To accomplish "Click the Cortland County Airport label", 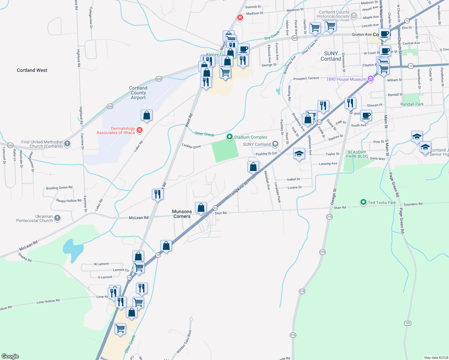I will click(x=138, y=93).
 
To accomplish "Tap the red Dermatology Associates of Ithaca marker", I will click(x=139, y=130).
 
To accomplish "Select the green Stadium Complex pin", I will click(x=230, y=137).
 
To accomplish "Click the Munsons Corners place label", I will click(x=182, y=214).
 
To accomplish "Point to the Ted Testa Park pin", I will click(x=363, y=202).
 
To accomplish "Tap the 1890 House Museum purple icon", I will click(x=371, y=79).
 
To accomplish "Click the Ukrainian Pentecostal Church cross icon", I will click(x=57, y=218).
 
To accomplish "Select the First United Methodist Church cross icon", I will click(x=67, y=144).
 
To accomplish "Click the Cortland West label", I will click(x=32, y=70).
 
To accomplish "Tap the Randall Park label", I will click(x=412, y=104).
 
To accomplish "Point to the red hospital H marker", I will click(x=240, y=18).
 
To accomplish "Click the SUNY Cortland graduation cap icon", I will click(x=275, y=144).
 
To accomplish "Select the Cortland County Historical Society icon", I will click(x=354, y=16).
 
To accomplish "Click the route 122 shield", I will click(x=407, y=323).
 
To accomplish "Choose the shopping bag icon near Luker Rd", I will click(x=146, y=115).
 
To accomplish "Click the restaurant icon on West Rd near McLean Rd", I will click(x=158, y=194).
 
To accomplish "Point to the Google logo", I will click(x=10, y=356).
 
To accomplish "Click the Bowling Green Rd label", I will click(x=59, y=188).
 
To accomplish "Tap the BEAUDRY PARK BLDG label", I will click(x=357, y=154).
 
